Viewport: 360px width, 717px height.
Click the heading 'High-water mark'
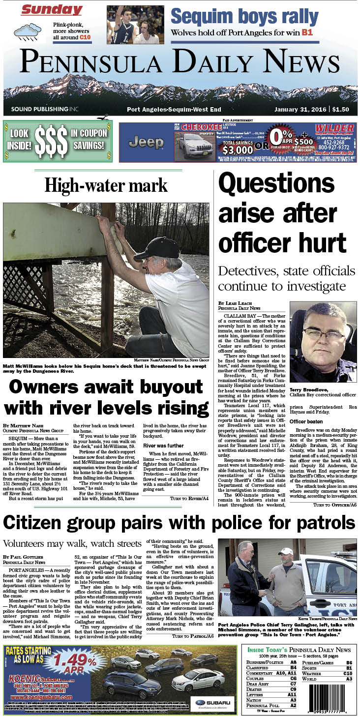[x=106, y=185]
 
